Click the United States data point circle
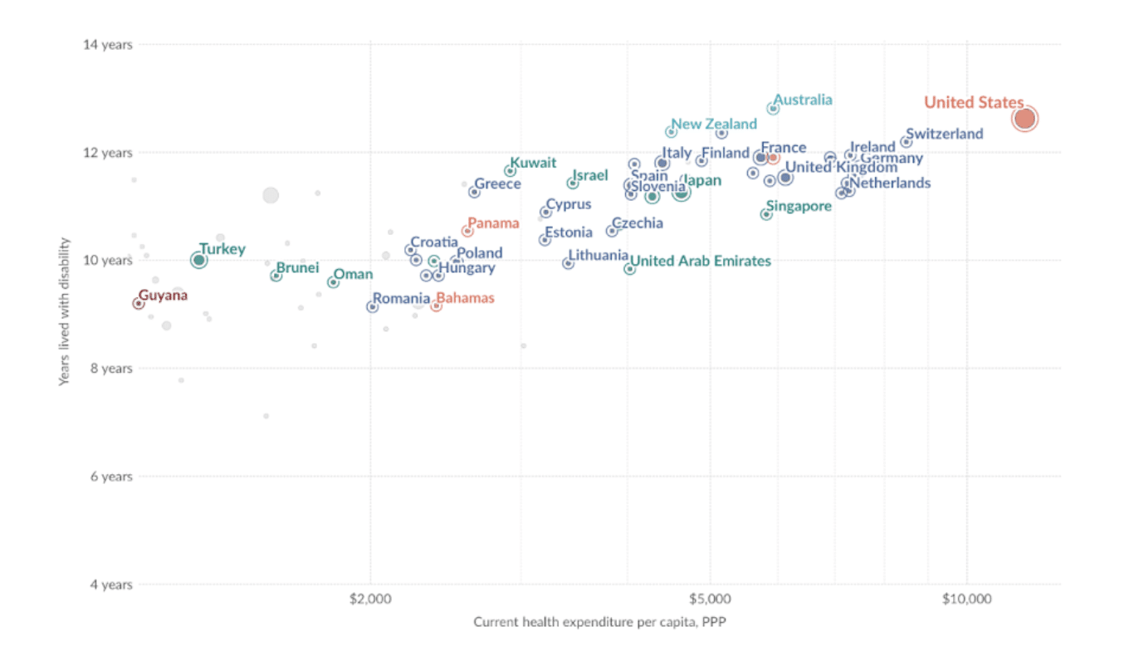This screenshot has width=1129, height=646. point(1025,119)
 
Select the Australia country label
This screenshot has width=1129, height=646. point(803,100)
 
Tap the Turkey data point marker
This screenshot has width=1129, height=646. point(198,260)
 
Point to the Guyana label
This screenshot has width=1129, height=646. point(163,295)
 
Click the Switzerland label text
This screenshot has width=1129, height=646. point(945,134)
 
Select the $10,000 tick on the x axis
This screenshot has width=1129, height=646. point(966,600)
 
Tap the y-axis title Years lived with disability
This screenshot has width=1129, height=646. point(64,311)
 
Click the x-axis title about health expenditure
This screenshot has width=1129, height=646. point(600,622)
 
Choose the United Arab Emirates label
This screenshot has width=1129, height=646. point(701,261)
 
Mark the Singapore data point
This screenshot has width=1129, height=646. point(766,214)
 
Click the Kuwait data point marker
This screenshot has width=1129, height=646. point(510,171)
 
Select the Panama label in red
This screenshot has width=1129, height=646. point(493,223)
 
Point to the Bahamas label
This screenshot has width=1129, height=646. point(465,298)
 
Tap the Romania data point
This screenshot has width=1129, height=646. point(372,307)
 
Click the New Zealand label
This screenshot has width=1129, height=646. point(714,125)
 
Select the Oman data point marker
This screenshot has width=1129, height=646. point(333,282)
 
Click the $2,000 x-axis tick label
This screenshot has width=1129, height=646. point(370,600)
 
